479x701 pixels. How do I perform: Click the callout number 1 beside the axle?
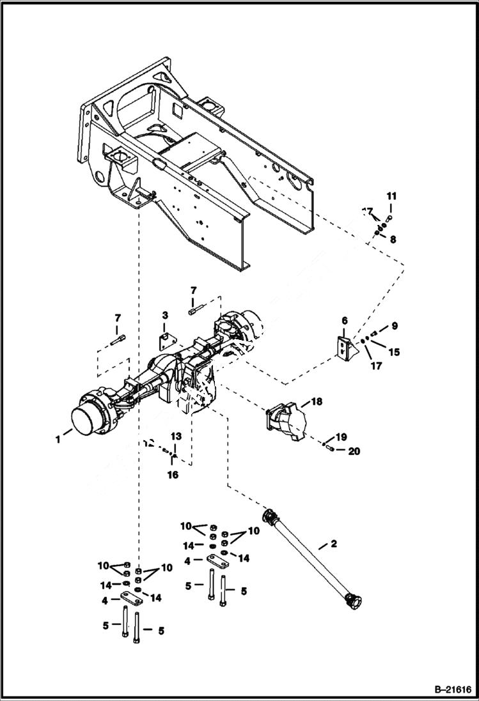(58, 439)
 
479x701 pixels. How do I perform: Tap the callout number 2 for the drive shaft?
(333, 544)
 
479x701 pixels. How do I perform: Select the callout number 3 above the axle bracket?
(164, 316)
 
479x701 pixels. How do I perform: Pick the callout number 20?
(354, 451)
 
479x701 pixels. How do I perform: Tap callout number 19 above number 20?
(341, 437)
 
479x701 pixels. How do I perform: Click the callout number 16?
(173, 475)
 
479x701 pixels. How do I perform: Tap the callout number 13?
(176, 436)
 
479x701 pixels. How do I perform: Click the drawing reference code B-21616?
(450, 689)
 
